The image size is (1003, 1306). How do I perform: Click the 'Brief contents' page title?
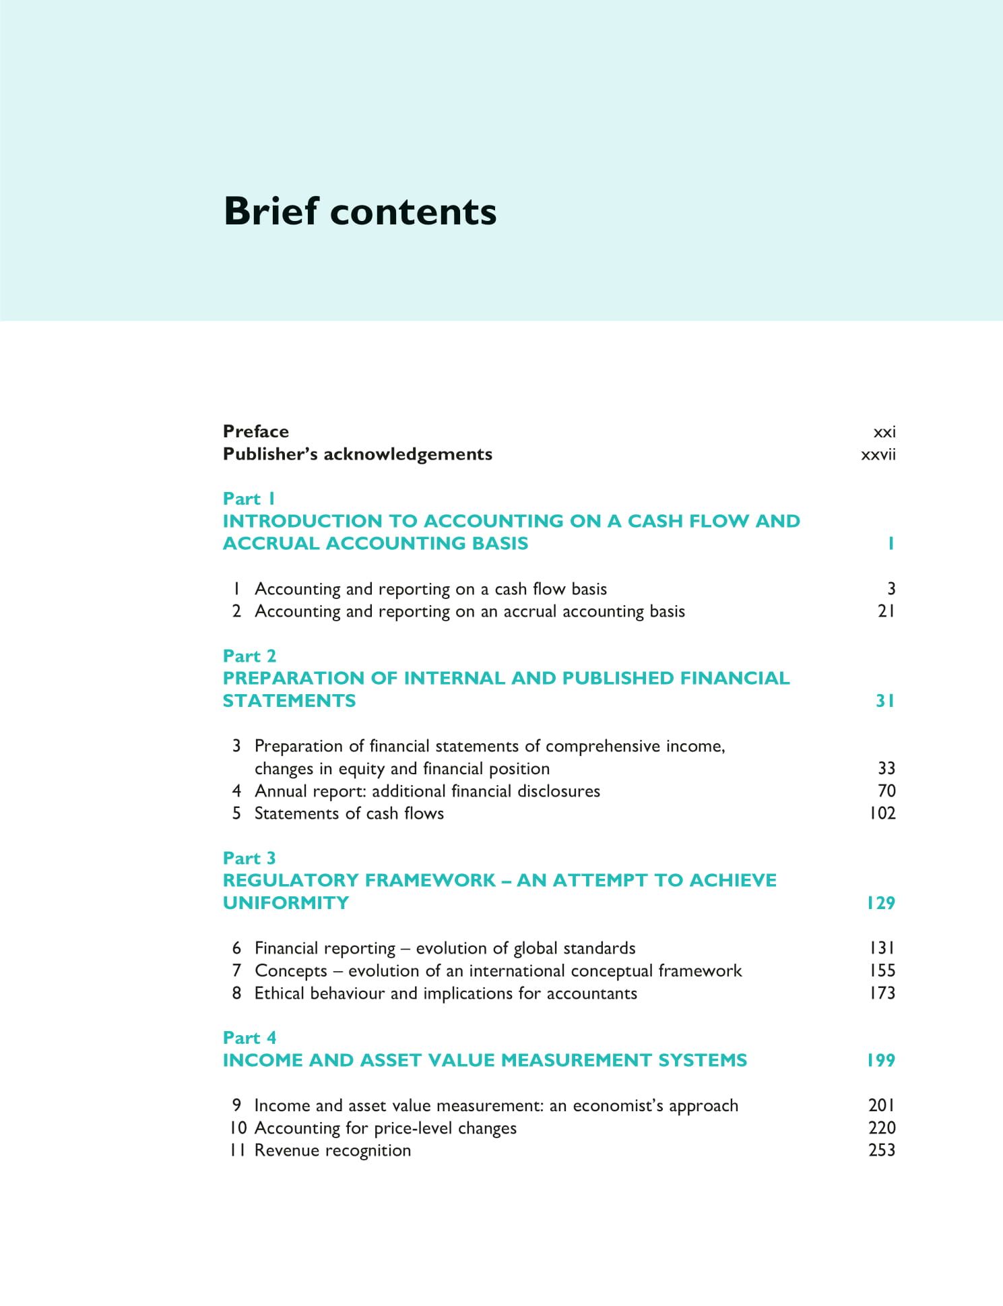tap(360, 211)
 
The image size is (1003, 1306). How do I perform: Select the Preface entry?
tap(255, 431)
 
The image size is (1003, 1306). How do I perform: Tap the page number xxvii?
tap(878, 454)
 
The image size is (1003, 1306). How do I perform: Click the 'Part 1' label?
tap(249, 499)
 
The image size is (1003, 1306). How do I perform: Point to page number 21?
tap(886, 611)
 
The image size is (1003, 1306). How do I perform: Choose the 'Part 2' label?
tap(249, 656)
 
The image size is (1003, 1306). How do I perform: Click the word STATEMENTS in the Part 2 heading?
tap(289, 701)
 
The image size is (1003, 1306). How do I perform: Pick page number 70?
tap(886, 790)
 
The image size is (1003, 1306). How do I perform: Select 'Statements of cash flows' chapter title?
tap(349, 813)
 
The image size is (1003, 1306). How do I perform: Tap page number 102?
tap(882, 813)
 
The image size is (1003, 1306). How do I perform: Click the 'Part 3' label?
tap(249, 858)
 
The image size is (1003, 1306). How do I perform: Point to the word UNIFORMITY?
tap(286, 903)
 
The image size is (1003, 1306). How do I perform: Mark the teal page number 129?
tap(880, 903)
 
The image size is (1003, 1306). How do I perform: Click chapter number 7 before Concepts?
tap(236, 971)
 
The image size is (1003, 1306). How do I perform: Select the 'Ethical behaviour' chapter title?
tap(445, 993)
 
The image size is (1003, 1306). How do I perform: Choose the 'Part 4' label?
tap(249, 1038)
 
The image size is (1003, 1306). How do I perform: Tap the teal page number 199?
tap(880, 1061)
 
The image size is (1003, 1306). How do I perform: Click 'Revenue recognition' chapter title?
tap(332, 1150)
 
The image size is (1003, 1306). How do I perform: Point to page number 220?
tap(882, 1128)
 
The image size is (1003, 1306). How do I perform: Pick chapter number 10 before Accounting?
tap(238, 1128)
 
